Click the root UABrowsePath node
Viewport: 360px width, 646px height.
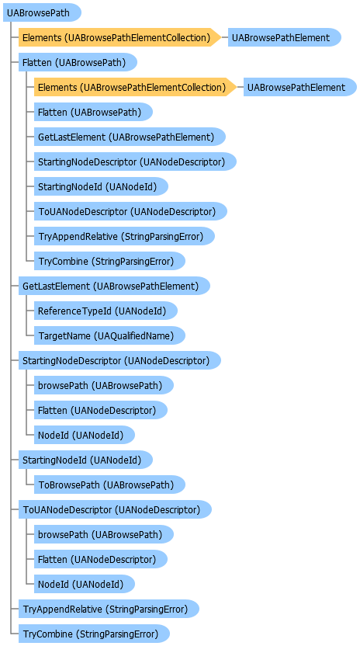click(x=42, y=13)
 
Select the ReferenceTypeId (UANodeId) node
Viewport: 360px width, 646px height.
click(x=106, y=311)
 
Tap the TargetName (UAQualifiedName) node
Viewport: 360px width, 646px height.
click(x=109, y=335)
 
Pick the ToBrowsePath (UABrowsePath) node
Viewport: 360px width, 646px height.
click(x=109, y=484)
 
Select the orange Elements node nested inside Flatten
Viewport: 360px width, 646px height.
click(x=135, y=87)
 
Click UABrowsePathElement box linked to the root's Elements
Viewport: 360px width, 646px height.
click(x=285, y=38)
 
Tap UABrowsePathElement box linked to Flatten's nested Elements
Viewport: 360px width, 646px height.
click(x=299, y=87)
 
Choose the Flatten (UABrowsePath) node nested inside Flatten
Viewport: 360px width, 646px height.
click(x=93, y=112)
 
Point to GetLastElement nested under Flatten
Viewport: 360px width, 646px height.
click(x=130, y=137)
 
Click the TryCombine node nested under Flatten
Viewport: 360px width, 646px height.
click(x=109, y=261)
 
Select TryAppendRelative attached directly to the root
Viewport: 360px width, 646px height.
click(x=109, y=609)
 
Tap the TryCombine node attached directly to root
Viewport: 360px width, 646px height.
click(x=94, y=634)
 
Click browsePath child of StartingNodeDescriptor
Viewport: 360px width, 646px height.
click(x=103, y=385)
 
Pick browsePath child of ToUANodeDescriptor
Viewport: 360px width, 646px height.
click(x=103, y=534)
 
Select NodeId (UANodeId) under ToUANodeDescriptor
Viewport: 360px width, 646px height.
click(x=84, y=584)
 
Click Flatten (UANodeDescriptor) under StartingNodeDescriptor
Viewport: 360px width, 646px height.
click(x=101, y=410)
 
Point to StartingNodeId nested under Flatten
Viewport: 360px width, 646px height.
click(x=101, y=186)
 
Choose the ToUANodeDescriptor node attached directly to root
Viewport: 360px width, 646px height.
click(x=115, y=509)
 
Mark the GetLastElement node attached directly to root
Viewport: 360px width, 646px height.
click(x=114, y=286)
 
